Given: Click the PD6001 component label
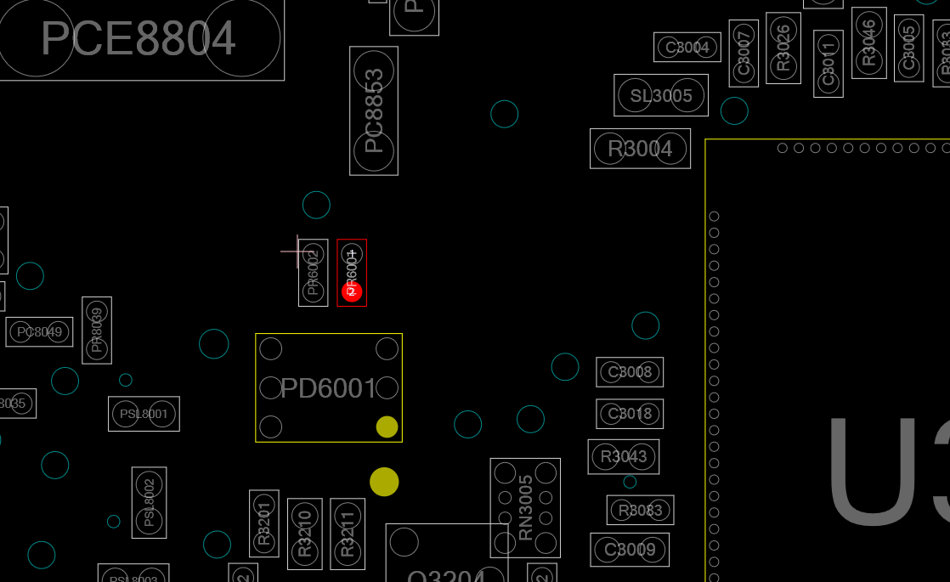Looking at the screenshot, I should pyautogui.click(x=328, y=388).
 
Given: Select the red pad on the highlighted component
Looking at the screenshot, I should pyautogui.click(x=352, y=291).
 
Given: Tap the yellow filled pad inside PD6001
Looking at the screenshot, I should pyautogui.click(x=387, y=427).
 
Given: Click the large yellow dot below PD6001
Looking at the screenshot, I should pyautogui.click(x=384, y=482).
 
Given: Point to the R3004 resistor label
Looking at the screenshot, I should pyautogui.click(x=640, y=149).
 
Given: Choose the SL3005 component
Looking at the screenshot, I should pyautogui.click(x=661, y=96).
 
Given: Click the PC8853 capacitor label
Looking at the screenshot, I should pyautogui.click(x=374, y=110).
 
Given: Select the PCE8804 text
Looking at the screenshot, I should pyautogui.click(x=138, y=38).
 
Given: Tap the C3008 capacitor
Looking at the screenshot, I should pyautogui.click(x=630, y=372).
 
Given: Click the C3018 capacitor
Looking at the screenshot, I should pyautogui.click(x=630, y=414).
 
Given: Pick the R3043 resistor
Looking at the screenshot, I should pyautogui.click(x=624, y=457).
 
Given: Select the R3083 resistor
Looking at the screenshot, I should pyautogui.click(x=641, y=511).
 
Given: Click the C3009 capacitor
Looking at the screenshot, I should pyautogui.click(x=630, y=550).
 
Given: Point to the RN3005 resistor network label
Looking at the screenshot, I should pyautogui.click(x=526, y=507).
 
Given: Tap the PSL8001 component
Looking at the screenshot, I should pyautogui.click(x=144, y=414).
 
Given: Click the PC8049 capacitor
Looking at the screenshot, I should pyautogui.click(x=39, y=332).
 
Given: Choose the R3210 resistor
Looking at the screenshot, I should pyautogui.click(x=305, y=534).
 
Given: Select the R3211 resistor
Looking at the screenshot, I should pyautogui.click(x=348, y=534).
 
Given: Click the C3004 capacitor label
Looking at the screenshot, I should pyautogui.click(x=687, y=48).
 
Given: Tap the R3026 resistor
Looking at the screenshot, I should pyautogui.click(x=783, y=48).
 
